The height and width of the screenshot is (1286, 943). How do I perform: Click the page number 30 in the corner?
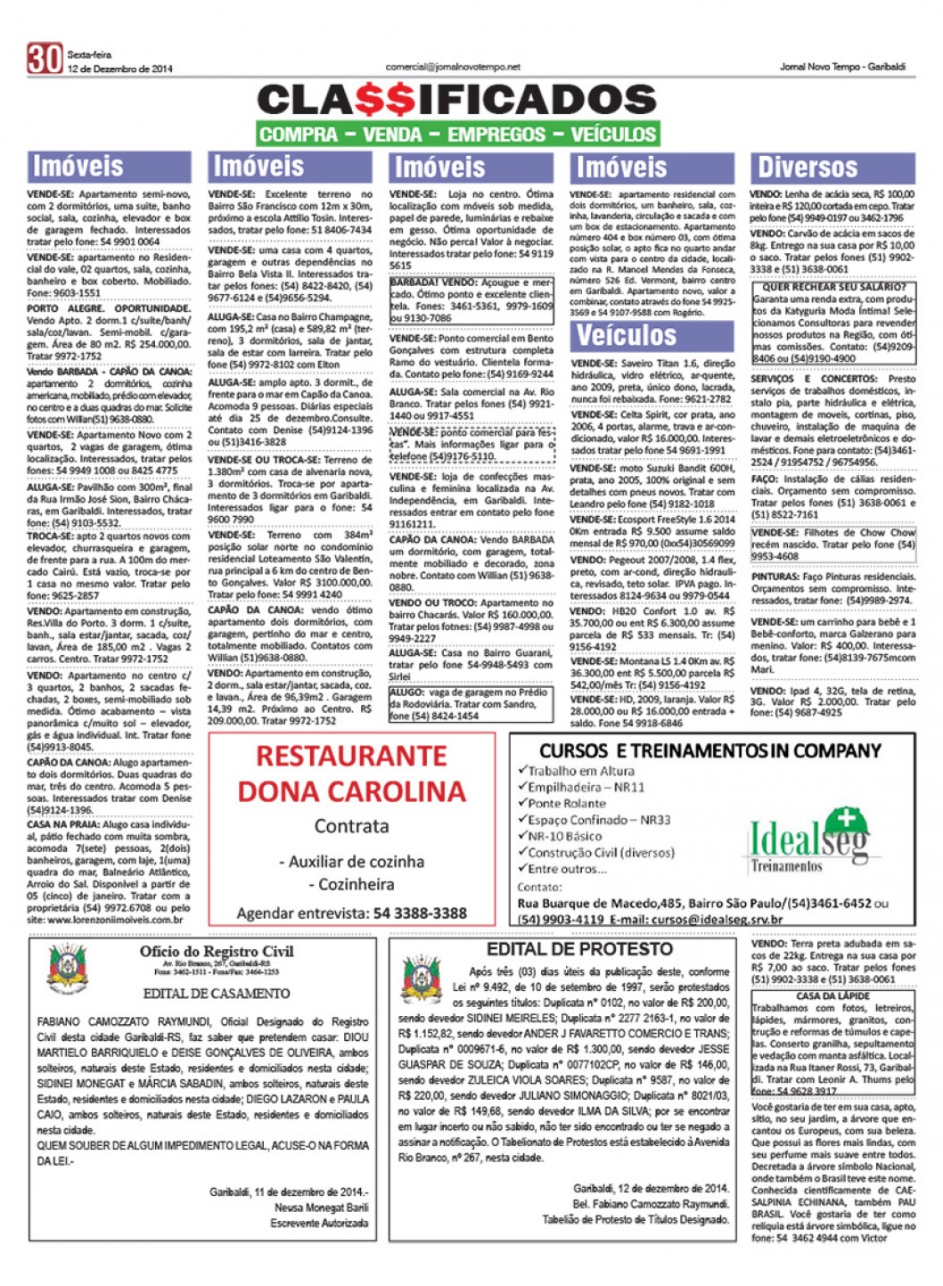click(x=44, y=59)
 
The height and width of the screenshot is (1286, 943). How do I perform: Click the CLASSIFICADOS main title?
click(x=456, y=100)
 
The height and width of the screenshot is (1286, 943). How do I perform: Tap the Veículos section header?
click(x=627, y=335)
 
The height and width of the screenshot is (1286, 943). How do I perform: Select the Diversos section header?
click(x=807, y=167)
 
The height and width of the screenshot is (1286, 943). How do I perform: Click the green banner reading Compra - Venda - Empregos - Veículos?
click(x=457, y=135)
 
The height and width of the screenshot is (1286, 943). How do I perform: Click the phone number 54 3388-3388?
click(x=420, y=913)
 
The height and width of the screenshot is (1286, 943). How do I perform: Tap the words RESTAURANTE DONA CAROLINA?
click(x=351, y=774)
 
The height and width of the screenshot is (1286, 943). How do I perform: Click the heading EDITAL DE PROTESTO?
click(x=579, y=949)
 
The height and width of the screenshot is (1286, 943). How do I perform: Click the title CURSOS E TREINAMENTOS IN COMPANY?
click(x=709, y=751)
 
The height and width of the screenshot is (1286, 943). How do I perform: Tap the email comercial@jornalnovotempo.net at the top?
click(x=452, y=67)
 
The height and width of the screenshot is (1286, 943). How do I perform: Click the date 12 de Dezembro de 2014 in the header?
click(x=119, y=69)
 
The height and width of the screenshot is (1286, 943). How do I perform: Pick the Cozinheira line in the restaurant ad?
click(x=351, y=884)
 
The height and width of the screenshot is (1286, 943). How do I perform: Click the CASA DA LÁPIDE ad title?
click(x=832, y=995)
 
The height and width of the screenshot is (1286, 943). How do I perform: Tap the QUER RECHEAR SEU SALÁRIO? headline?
click(x=833, y=288)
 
